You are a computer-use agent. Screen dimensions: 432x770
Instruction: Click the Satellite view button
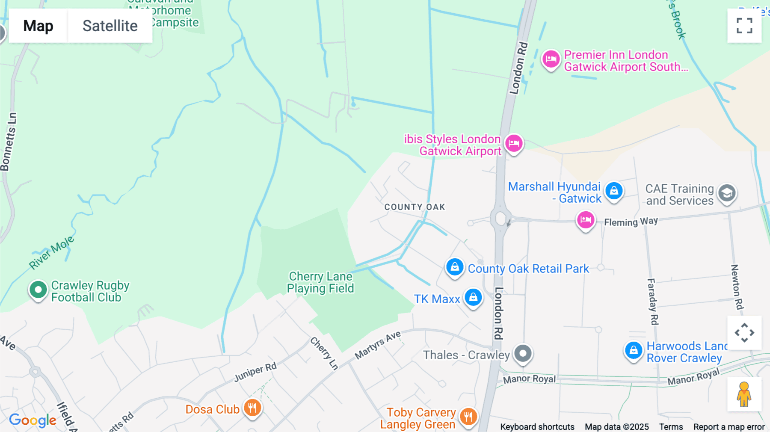pyautogui.click(x=110, y=26)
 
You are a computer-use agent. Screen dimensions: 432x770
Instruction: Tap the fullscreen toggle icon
pyautogui.click(x=744, y=26)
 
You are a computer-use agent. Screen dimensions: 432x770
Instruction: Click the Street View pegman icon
pyautogui.click(x=744, y=394)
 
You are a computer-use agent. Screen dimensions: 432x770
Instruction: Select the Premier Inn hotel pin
pyautogui.click(x=551, y=59)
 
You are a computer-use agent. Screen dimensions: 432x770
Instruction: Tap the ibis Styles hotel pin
pyautogui.click(x=514, y=143)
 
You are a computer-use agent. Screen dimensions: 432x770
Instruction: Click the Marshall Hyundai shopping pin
pyautogui.click(x=614, y=190)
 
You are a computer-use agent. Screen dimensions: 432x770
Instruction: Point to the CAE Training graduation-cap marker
pyautogui.click(x=727, y=193)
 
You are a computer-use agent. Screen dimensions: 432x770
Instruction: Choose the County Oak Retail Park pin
pyautogui.click(x=455, y=267)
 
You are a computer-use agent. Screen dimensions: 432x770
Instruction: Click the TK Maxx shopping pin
pyautogui.click(x=473, y=297)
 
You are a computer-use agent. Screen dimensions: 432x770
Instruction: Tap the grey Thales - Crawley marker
pyautogui.click(x=523, y=353)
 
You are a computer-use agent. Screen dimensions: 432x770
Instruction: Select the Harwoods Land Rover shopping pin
pyautogui.click(x=633, y=350)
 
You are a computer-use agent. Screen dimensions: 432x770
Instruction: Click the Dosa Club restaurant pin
pyautogui.click(x=252, y=408)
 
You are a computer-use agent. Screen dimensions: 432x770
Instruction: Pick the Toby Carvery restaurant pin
pyautogui.click(x=468, y=416)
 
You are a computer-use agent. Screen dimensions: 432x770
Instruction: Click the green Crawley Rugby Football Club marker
pyautogui.click(x=38, y=290)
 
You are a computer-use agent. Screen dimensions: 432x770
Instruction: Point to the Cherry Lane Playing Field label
pyautogui.click(x=320, y=282)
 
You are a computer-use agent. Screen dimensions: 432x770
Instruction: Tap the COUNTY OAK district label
pyautogui.click(x=415, y=207)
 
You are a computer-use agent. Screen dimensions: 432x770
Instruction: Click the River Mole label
pyautogui.click(x=51, y=252)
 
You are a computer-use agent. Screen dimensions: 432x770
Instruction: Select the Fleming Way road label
pyautogui.click(x=631, y=222)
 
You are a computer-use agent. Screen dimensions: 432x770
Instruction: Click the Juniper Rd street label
pyautogui.click(x=255, y=372)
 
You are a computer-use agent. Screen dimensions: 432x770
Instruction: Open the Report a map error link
pyautogui.click(x=729, y=426)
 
